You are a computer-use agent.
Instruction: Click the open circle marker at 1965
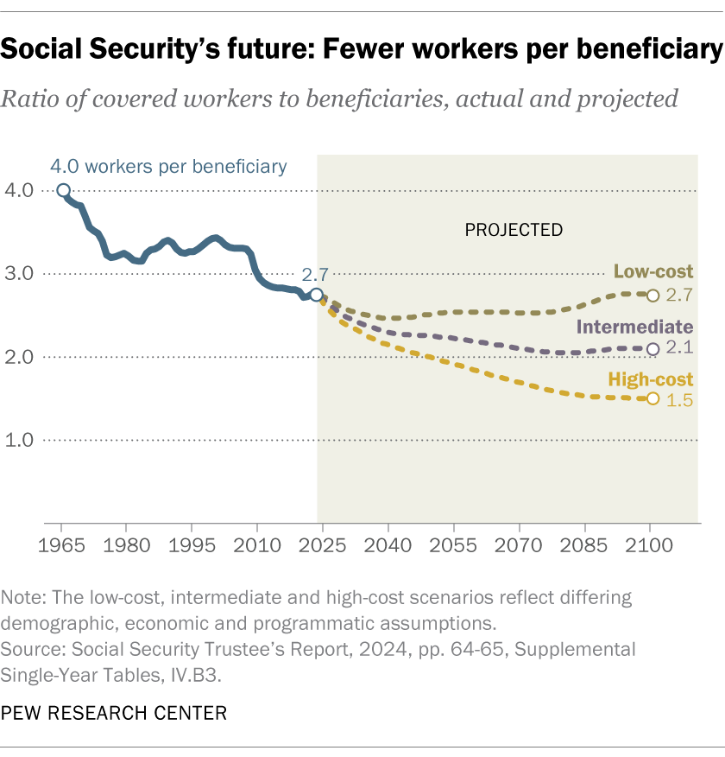63,190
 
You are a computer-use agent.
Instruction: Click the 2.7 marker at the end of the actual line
317,295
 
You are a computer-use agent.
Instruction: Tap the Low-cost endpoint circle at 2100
652,296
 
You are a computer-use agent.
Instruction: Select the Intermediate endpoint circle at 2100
652,349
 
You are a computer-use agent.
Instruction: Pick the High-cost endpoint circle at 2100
652,398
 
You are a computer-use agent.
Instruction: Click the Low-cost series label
653,272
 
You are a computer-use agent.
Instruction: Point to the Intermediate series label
634,327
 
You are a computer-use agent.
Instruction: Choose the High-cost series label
651,378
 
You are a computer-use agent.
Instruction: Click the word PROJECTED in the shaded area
514,230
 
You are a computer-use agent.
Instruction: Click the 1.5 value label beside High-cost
681,400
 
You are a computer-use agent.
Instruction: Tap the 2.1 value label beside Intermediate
681,350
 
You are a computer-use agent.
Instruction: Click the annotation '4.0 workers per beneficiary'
168,165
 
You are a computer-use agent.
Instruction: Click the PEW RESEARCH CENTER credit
114,713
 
